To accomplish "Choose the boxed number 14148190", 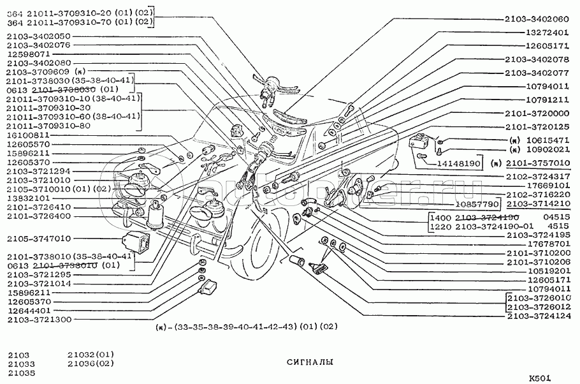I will click(457, 163).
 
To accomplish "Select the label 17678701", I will click(546, 243).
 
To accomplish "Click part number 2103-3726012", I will click(538, 306).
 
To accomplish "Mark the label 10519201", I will click(546, 270).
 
